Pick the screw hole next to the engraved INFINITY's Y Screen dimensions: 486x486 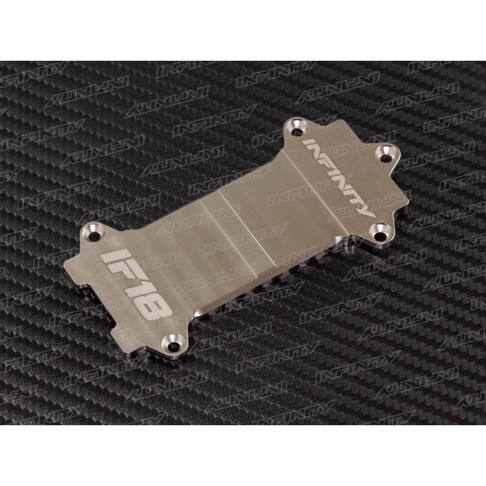click(x=379, y=229)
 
